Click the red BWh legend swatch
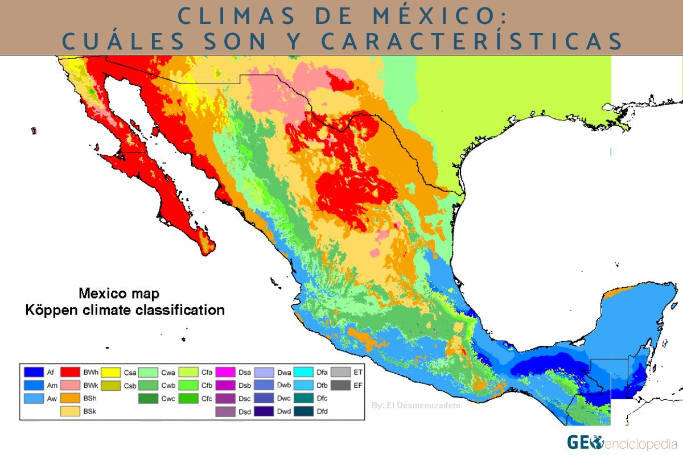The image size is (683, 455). [71, 373]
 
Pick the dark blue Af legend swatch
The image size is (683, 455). [34, 373]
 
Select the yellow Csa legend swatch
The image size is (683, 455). [112, 373]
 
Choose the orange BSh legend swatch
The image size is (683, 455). [71, 399]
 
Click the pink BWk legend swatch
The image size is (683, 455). [71, 386]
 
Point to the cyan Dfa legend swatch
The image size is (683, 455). [304, 373]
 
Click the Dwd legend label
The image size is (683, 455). [284, 412]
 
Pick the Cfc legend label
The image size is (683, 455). [207, 399]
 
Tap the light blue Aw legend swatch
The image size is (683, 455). [34, 399]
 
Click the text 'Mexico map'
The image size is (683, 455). [119, 295]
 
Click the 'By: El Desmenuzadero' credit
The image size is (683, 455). [415, 406]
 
